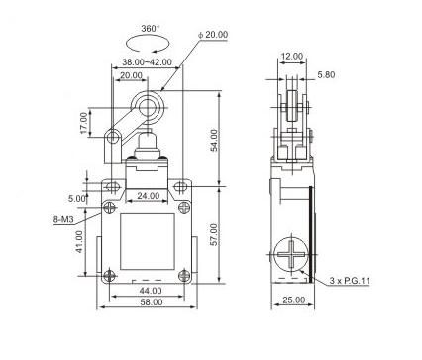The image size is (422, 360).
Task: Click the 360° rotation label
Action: point(151,29)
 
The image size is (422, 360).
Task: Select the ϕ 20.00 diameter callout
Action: point(213,35)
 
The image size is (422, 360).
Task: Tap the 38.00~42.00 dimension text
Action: point(147,62)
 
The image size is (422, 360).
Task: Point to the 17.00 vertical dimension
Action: point(84,123)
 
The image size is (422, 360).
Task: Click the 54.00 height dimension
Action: point(214,140)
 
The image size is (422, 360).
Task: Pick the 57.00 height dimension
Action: point(214,234)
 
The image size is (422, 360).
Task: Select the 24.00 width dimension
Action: point(149,196)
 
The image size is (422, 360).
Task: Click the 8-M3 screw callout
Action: point(63,219)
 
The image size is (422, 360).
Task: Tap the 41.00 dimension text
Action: point(79,242)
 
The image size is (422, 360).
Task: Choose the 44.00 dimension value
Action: point(151,291)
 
